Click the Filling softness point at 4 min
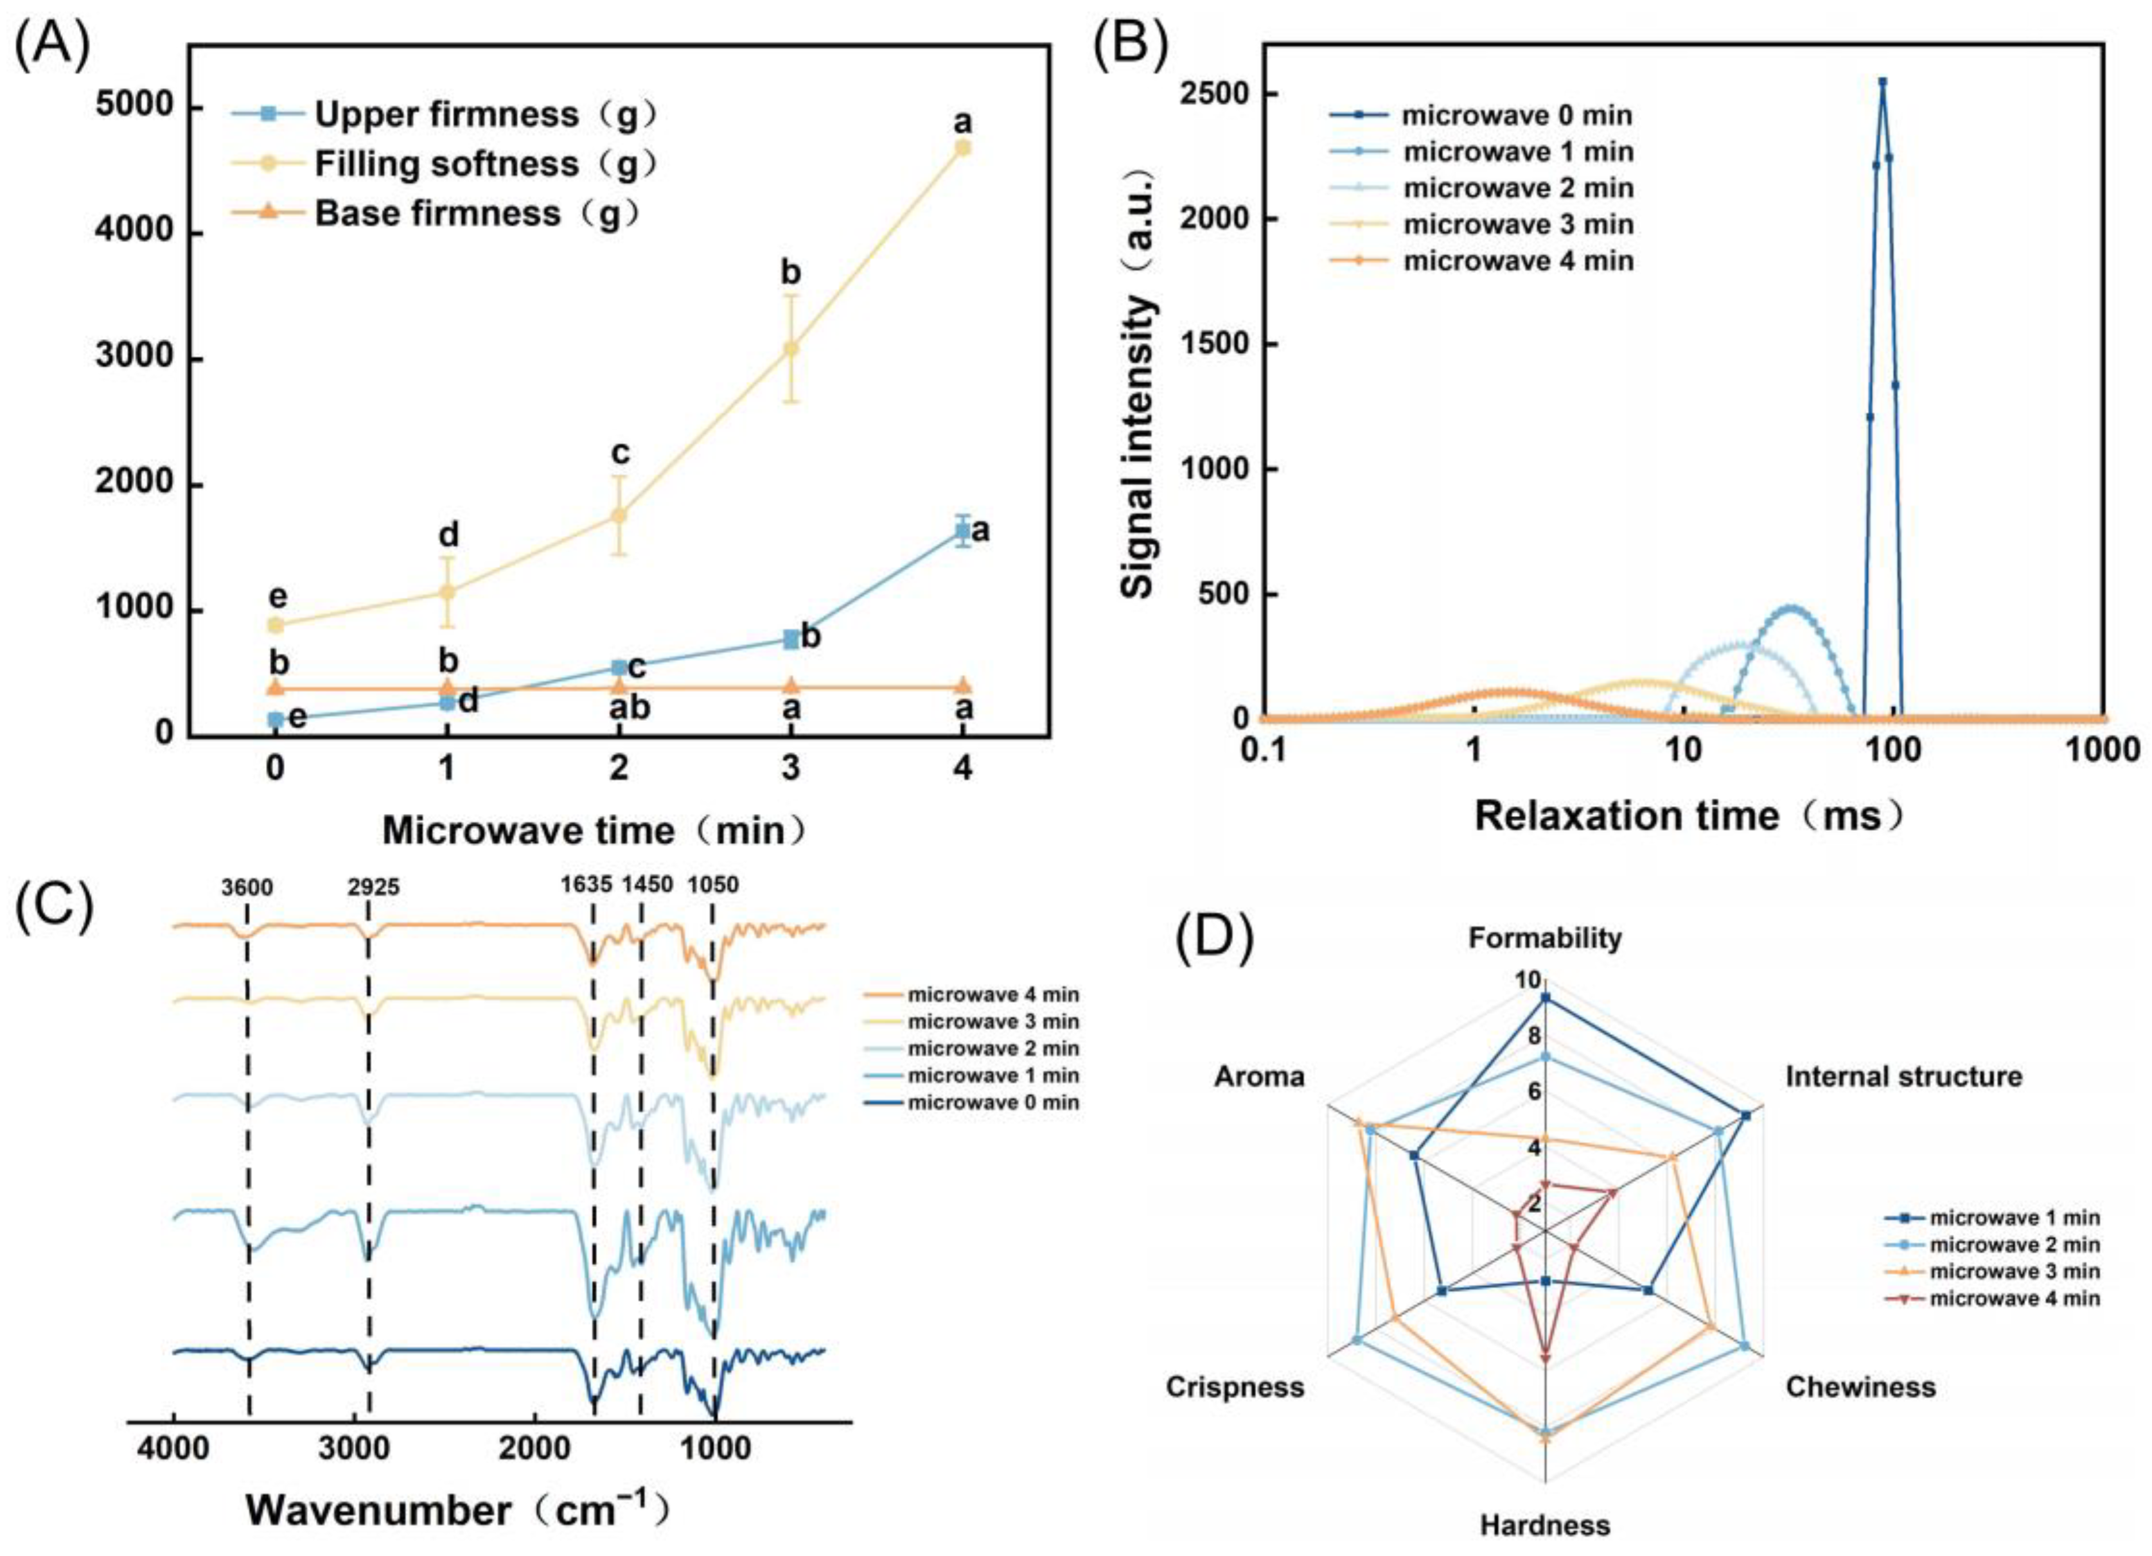tap(962, 147)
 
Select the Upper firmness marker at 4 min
tap(962, 531)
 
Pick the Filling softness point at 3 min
tap(790, 348)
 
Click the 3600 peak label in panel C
tap(247, 887)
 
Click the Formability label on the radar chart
tap(1545, 939)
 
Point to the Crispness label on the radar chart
tap(1235, 1387)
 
